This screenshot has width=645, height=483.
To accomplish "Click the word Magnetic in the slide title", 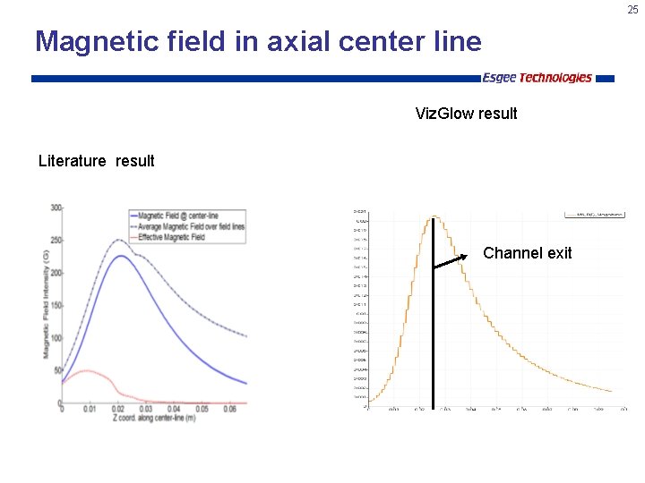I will (x=94, y=41).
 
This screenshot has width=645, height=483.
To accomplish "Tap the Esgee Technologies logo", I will (x=537, y=78).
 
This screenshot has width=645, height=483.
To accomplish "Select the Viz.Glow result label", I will (x=466, y=114).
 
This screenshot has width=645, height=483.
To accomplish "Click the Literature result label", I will (x=96, y=161).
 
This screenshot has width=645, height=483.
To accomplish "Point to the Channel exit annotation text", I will (x=527, y=253).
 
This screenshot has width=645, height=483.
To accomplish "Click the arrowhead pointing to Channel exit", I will (x=465, y=258).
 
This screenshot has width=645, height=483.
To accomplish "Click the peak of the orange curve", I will (x=434, y=216).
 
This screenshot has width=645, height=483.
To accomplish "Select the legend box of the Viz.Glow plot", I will (x=594, y=215).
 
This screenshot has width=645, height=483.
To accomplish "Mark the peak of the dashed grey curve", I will (x=118, y=240).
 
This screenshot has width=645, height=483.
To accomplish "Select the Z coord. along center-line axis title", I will (x=150, y=419).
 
